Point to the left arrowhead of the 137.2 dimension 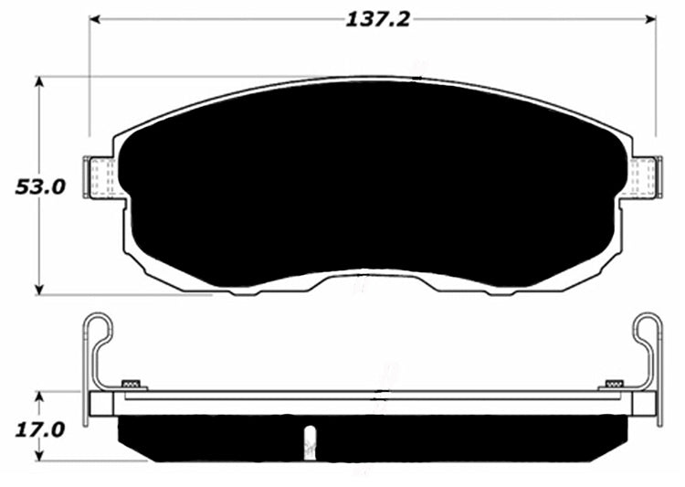[94, 18]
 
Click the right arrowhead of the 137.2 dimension [651, 18]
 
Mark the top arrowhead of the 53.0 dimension [39, 82]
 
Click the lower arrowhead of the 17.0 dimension [39, 456]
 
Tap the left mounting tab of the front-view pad [99, 176]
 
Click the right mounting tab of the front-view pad [647, 176]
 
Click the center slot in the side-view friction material [310, 439]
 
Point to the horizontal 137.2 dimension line [228, 18]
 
